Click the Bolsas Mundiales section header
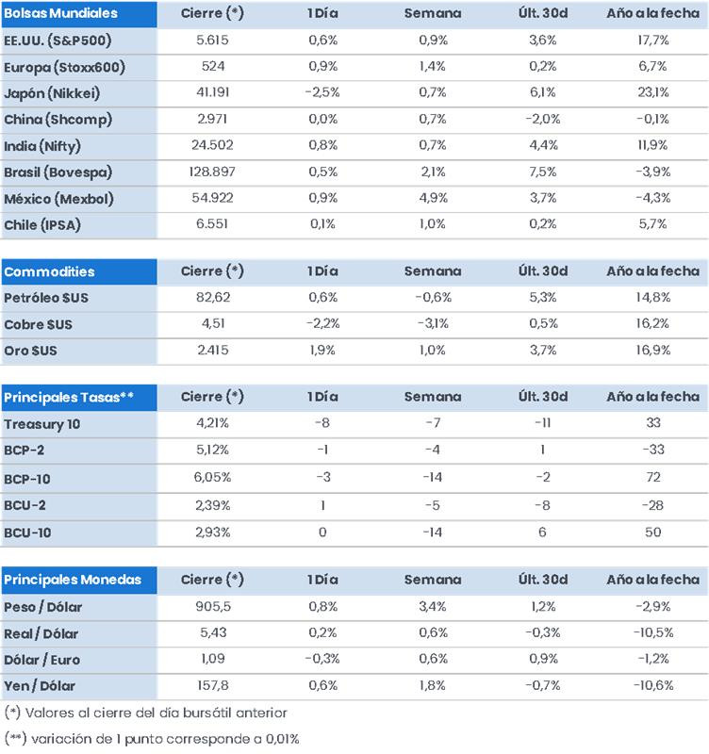point(60,13)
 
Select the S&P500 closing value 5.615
point(212,40)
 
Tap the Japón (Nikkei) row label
point(52,92)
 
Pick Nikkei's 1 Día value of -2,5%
point(322,92)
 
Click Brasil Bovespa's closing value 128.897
point(212,172)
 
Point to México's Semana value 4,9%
point(433,198)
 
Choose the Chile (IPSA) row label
point(42,224)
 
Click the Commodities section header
point(49,271)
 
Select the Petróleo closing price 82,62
point(212,297)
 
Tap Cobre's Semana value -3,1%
point(433,323)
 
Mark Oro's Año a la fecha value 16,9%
point(652,350)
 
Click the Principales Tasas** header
point(69,397)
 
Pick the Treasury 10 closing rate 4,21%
point(212,422)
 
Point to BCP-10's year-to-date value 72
point(653,477)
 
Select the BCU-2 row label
point(25,505)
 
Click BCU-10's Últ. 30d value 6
point(542,532)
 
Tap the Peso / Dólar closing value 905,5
point(212,606)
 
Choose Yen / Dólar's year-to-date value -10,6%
point(652,685)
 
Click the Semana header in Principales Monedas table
point(433,580)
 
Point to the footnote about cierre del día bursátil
point(146,713)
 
